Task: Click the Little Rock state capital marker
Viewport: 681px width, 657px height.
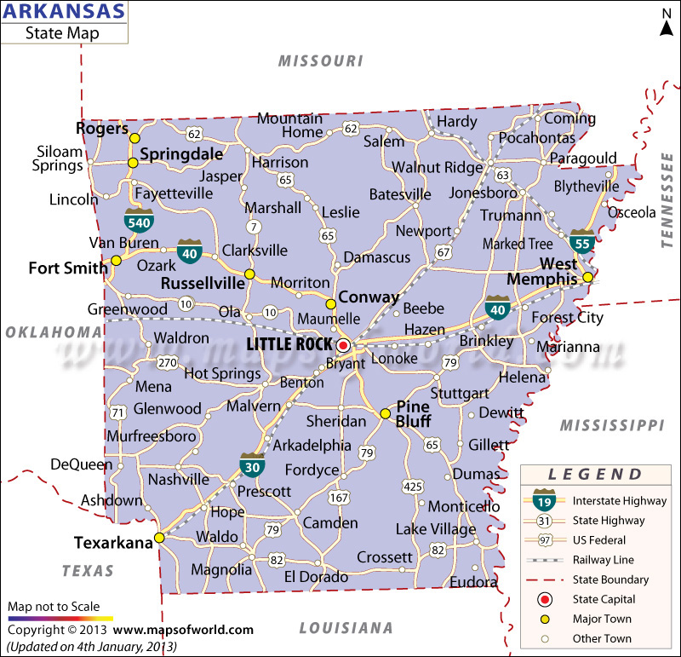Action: point(343,345)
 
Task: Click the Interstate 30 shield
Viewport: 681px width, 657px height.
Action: point(252,465)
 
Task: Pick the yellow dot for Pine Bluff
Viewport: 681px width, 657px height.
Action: point(385,414)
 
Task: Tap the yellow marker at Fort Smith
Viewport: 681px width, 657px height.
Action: point(116,261)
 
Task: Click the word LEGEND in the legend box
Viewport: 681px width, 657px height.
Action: point(595,475)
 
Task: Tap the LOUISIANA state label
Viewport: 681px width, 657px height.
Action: point(345,628)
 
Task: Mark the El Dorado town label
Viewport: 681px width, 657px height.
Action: point(316,577)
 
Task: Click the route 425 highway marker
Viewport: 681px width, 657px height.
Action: point(413,487)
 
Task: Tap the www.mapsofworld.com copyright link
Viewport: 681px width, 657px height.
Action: point(183,630)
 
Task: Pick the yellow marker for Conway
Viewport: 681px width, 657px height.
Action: point(331,304)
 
